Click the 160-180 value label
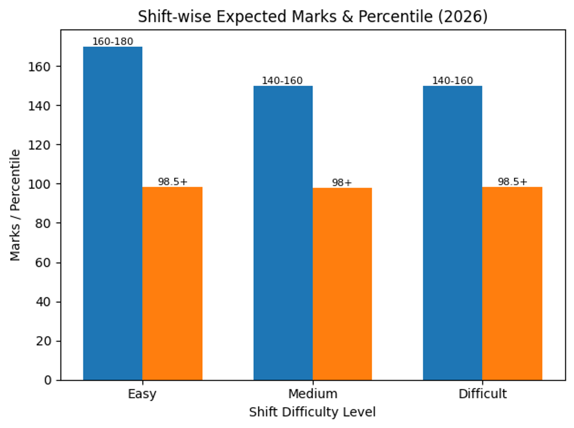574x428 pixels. [113, 42]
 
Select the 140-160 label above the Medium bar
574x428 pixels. [282, 81]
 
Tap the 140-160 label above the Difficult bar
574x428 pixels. [453, 81]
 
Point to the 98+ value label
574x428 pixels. [342, 183]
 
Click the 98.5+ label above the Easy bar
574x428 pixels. [173, 182]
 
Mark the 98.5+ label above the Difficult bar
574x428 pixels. [512, 182]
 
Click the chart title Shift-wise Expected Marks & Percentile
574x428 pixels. [312, 17]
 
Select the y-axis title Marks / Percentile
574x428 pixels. [16, 205]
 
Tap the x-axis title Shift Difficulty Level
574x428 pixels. [312, 412]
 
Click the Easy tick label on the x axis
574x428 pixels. [142, 394]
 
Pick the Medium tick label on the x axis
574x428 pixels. [312, 394]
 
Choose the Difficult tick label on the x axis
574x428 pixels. [482, 394]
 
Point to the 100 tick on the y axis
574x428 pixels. [44, 184]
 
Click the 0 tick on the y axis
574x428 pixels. [49, 381]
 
